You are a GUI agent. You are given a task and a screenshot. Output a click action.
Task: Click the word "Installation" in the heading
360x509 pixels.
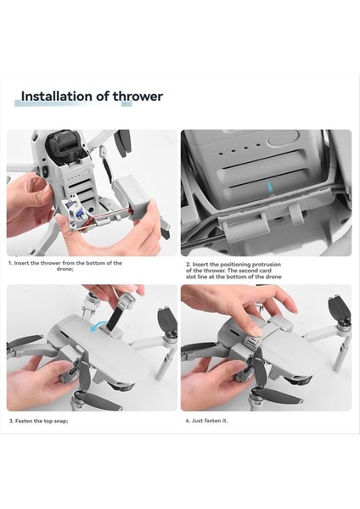(57, 97)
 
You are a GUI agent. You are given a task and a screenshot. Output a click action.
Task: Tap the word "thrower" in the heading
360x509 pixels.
(138, 97)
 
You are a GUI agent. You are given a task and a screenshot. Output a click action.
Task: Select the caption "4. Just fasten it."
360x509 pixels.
(206, 421)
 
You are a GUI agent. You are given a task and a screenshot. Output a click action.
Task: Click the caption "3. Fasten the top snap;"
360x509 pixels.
(39, 421)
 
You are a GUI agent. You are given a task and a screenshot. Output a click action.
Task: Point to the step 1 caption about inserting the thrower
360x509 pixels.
(65, 266)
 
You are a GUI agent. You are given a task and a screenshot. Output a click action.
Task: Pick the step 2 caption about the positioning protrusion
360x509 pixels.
(233, 271)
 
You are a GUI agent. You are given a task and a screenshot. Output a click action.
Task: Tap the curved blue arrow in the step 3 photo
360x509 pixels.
(98, 326)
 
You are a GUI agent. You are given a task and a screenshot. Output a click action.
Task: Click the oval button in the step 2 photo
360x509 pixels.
(283, 138)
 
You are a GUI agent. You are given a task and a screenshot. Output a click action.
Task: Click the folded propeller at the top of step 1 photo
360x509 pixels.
(123, 143)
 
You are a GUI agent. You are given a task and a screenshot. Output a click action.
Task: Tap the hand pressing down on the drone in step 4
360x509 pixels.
(236, 309)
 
